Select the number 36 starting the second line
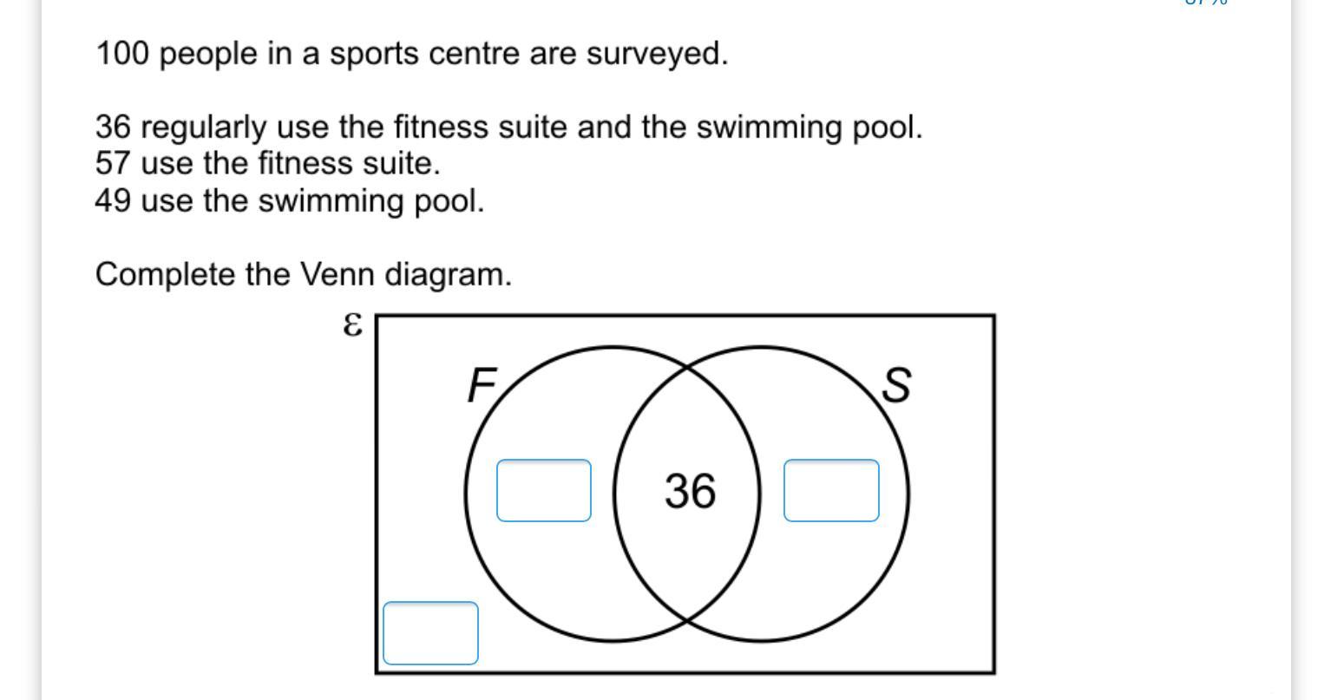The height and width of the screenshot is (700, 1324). pos(113,128)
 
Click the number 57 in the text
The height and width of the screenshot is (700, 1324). pos(113,164)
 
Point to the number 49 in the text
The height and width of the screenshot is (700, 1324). pos(113,201)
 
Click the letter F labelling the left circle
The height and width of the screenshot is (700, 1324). pos(482,385)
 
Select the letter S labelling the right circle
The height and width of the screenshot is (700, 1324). pos(896,385)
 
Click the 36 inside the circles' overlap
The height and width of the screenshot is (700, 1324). pos(690,491)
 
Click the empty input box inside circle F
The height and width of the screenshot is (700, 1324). pos(544,491)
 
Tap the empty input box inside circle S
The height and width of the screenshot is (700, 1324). pos(831,491)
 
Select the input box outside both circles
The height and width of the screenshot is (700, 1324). pos(430,633)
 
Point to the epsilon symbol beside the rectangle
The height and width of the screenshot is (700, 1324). pos(351,325)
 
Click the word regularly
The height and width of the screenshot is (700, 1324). pos(203,128)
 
